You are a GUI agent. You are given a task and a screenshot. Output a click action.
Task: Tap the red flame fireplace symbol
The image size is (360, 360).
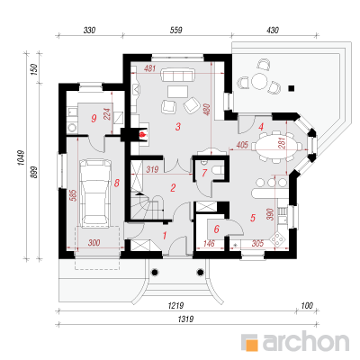pyautogui.click(x=143, y=133)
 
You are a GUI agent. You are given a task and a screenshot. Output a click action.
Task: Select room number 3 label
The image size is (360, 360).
pyautogui.click(x=178, y=127)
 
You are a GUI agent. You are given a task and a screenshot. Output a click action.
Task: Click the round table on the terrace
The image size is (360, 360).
pyautogui.click(x=259, y=81)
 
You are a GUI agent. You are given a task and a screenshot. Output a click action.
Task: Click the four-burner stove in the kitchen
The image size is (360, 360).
pyautogui.click(x=278, y=239)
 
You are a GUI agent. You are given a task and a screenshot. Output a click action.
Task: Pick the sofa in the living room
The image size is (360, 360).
pyautogui.click(x=178, y=75)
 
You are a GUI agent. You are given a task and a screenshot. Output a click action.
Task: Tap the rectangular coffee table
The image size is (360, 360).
pyautogui.click(x=178, y=92)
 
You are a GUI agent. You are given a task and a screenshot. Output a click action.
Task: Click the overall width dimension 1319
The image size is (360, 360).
pyautogui.click(x=185, y=319)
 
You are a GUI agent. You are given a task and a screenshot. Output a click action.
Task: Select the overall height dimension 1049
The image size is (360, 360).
pyautogui.click(x=21, y=157)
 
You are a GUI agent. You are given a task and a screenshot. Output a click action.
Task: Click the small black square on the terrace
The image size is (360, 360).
pyautogui.click(x=291, y=88)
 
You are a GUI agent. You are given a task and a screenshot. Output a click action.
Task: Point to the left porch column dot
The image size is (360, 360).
pyautogui.click(x=155, y=272)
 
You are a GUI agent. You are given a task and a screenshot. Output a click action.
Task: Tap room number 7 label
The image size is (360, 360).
pyautogui.click(x=204, y=173)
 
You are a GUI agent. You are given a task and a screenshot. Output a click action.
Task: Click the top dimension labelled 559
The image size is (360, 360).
pyautogui.click(x=176, y=31)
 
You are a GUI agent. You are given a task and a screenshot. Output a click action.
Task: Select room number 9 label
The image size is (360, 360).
pyautogui.click(x=94, y=119)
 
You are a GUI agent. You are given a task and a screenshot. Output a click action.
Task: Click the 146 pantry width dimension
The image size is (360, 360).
pyautogui.click(x=209, y=243)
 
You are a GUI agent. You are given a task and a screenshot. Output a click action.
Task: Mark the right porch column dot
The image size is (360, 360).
pyautogui.click(x=201, y=272)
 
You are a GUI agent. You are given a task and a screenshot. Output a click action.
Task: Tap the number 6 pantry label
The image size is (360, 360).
pyautogui.click(x=216, y=229)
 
